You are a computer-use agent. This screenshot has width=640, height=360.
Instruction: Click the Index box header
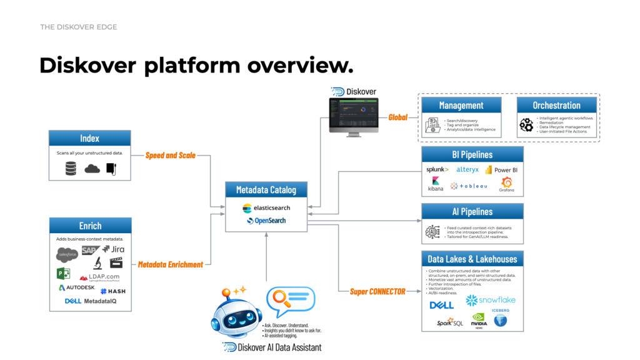[89, 138]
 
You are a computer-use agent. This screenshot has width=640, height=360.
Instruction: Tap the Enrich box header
[90, 226]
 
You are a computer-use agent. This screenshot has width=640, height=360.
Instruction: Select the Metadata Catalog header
[266, 190]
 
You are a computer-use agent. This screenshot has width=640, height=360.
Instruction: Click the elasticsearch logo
[266, 207]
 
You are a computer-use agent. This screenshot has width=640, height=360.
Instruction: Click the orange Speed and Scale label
[171, 155]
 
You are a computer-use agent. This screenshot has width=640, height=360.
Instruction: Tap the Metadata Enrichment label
[171, 264]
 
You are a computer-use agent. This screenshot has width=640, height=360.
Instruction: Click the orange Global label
[399, 117]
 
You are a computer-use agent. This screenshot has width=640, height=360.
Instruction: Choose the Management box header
[461, 105]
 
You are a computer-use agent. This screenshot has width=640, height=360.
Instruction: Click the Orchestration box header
[556, 105]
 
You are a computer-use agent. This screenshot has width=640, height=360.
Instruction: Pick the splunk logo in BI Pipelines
[437, 169]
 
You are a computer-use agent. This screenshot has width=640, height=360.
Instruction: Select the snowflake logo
[491, 301]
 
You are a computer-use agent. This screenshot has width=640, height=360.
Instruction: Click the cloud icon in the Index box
[92, 168]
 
